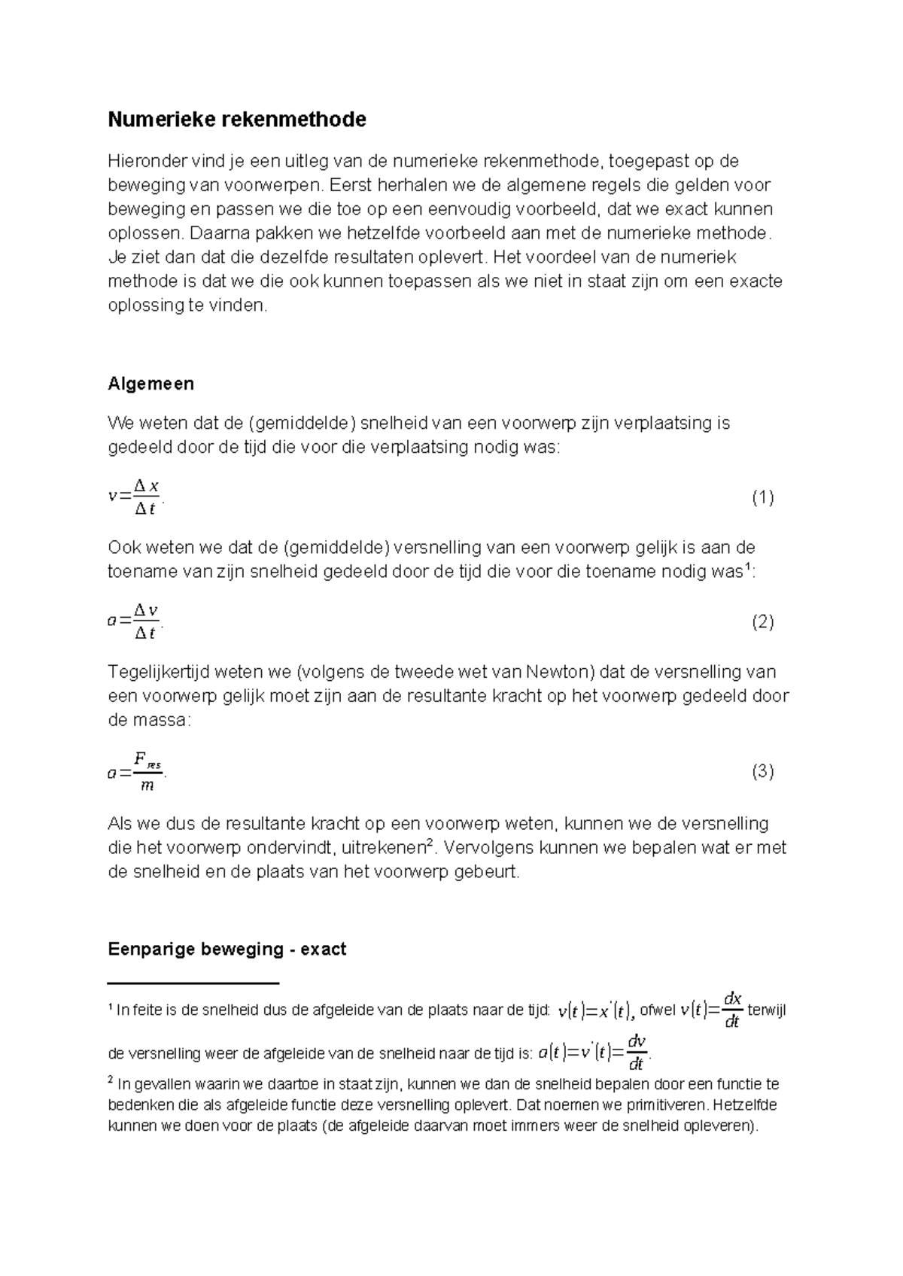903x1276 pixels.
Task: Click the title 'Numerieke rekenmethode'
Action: [237, 120]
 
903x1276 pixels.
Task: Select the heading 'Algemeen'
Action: [150, 384]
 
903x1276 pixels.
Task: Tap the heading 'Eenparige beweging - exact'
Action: [227, 949]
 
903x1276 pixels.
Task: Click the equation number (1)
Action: [762, 497]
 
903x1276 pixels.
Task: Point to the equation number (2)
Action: [762, 621]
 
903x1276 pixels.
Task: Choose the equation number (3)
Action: [762, 771]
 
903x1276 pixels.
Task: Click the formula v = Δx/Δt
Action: [135, 497]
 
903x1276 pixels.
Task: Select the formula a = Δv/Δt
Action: [135, 621]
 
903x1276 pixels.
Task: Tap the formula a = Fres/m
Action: [136, 771]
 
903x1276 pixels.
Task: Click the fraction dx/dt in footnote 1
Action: [731, 1010]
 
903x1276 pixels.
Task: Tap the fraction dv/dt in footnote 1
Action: [636, 1052]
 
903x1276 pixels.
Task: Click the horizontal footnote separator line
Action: [193, 983]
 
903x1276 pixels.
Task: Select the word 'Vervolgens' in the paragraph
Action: [485, 848]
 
